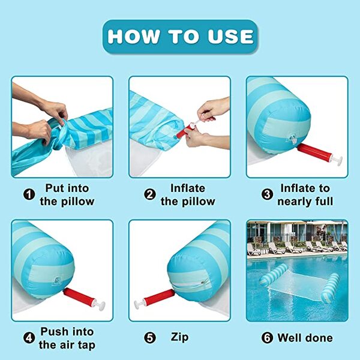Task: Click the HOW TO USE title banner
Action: pos(180,37)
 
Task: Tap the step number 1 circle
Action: pos(29,194)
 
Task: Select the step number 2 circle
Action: pos(150,194)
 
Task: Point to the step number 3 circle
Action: pos(267,194)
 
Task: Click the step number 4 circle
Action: pos(29,338)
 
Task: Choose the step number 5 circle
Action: pos(150,338)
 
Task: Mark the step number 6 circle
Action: pos(267,338)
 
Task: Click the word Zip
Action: pos(179,337)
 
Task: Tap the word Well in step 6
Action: pos(289,338)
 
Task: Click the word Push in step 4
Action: pos(55,332)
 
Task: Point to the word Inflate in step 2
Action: pos(188,188)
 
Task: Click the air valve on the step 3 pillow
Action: pos(293,139)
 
